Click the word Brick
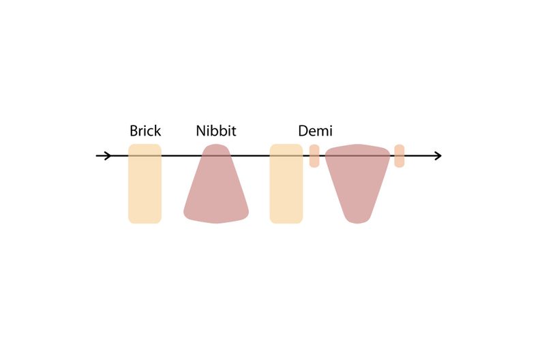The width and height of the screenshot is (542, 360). click(x=145, y=131)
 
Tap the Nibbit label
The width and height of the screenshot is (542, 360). click(x=216, y=131)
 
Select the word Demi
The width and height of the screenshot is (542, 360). click(x=315, y=131)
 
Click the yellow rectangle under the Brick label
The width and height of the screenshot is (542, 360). click(x=145, y=183)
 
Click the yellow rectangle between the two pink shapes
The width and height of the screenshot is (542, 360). click(x=286, y=183)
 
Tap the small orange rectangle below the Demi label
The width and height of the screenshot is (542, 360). click(x=314, y=156)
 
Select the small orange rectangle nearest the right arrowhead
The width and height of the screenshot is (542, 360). click(x=400, y=156)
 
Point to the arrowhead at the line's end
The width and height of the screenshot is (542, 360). click(x=439, y=155)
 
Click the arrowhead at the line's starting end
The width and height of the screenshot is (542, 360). click(x=108, y=155)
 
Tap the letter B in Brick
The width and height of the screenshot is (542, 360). click(x=134, y=131)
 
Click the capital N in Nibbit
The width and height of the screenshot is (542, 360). click(x=200, y=131)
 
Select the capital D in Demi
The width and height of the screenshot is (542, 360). click(x=303, y=131)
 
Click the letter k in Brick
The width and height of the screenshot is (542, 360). click(x=157, y=131)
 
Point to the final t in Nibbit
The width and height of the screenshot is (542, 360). click(x=234, y=132)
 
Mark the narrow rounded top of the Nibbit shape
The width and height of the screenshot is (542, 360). click(x=216, y=146)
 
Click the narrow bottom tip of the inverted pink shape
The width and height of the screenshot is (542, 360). click(x=358, y=221)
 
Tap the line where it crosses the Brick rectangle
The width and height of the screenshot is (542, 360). click(x=145, y=155)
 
